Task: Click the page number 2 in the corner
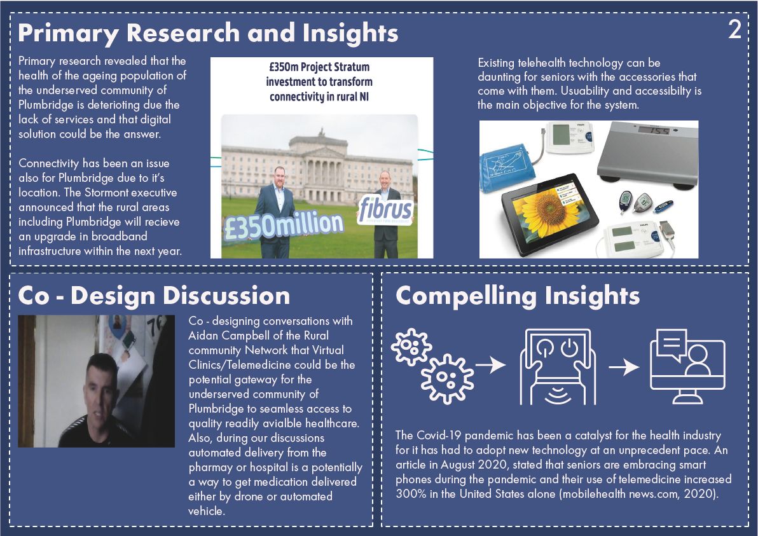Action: (x=734, y=29)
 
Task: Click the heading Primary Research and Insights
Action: (x=208, y=33)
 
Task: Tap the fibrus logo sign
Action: (x=385, y=210)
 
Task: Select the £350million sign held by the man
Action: (x=284, y=224)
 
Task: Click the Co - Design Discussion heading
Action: (x=154, y=295)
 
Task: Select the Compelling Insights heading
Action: (x=517, y=295)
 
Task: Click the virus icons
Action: (x=431, y=366)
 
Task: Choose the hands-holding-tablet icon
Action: (x=558, y=367)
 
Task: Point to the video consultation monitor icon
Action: (x=687, y=366)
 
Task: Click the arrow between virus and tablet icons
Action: (x=490, y=365)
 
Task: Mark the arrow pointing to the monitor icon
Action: (x=624, y=368)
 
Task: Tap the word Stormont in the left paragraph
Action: (x=106, y=193)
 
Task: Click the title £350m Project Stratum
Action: (x=319, y=67)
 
